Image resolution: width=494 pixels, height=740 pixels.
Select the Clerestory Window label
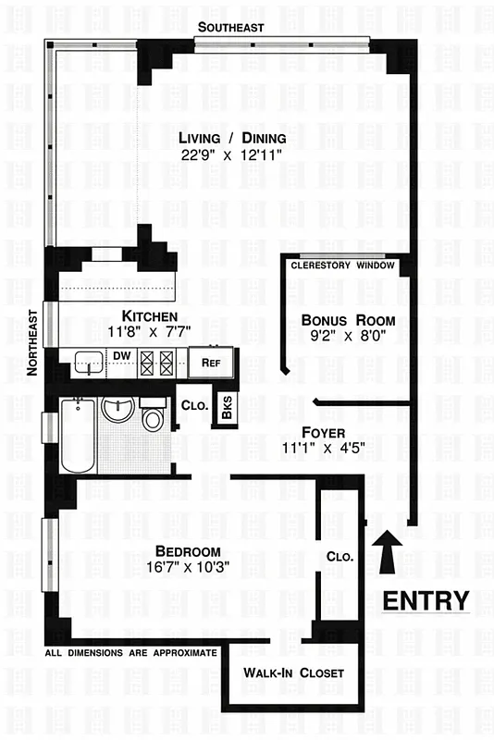342,266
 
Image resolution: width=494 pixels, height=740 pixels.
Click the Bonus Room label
341,320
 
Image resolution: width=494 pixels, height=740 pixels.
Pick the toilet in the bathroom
153,416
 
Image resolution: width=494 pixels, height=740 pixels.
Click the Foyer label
323,432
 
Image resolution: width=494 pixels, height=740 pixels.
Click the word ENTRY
426,599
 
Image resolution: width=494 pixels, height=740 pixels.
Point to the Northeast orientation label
32,341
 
